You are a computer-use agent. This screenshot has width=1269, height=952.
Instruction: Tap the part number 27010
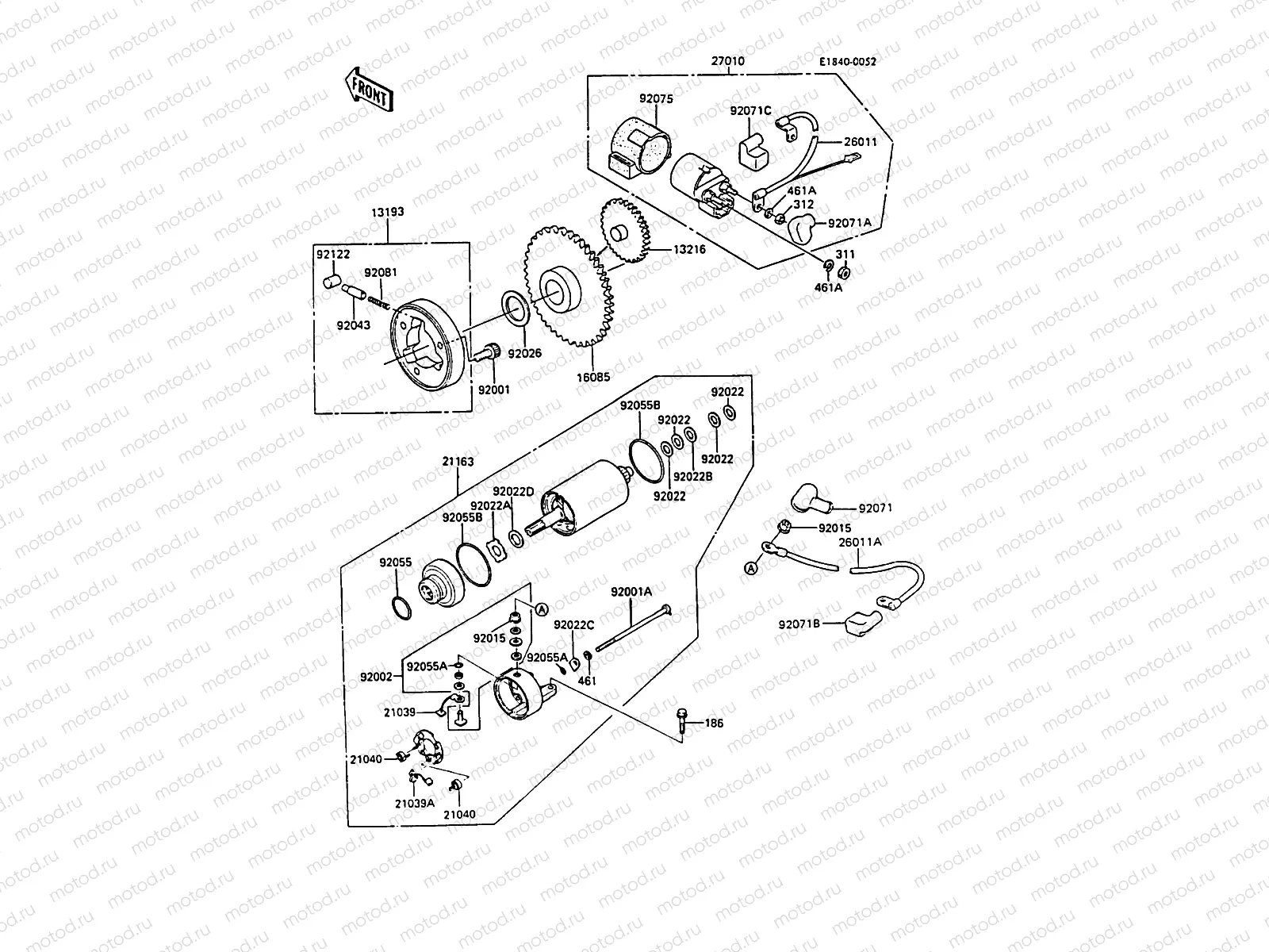point(728,61)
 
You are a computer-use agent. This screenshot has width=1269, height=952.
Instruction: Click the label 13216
point(690,248)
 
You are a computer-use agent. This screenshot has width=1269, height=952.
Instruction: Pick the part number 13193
point(387,212)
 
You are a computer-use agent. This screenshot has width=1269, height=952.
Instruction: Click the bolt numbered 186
point(682,721)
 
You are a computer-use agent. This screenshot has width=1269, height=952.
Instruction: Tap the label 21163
point(458,461)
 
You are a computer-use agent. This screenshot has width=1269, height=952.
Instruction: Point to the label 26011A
point(860,543)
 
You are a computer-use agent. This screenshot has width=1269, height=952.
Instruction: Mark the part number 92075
point(656,99)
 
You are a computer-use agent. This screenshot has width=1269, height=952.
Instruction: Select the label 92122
point(332,255)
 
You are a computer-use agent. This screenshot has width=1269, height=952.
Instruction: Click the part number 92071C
point(750,110)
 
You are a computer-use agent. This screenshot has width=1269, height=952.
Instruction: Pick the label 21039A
point(415,803)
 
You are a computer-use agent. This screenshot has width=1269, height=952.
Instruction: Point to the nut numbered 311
point(844,272)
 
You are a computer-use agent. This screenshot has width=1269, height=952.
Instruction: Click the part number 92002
point(376,677)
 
